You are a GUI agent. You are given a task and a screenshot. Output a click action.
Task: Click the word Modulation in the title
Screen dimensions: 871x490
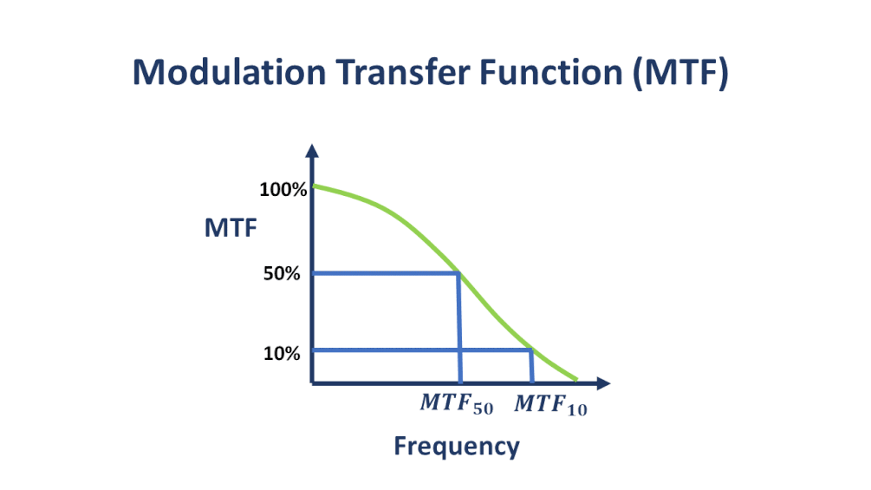[229, 72]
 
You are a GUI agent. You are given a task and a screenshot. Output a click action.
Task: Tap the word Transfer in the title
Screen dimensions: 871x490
[403, 72]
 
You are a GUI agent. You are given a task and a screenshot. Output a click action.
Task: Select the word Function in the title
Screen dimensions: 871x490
[551, 72]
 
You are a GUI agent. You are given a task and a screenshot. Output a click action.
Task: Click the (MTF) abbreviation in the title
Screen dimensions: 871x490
[681, 74]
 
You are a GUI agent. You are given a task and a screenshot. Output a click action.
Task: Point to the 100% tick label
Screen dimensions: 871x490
[283, 190]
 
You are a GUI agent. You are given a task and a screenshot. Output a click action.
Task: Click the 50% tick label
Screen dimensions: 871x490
[282, 273]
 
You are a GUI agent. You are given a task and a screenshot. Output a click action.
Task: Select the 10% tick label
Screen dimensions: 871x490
[282, 353]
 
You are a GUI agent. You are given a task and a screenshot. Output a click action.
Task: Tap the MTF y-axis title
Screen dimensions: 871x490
[231, 228]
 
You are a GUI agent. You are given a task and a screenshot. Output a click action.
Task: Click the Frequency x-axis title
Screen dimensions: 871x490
[457, 446]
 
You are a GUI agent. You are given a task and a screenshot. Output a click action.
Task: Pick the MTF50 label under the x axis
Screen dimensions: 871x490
[457, 404]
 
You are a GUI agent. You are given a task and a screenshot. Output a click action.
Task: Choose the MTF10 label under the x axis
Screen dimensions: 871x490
[550, 404]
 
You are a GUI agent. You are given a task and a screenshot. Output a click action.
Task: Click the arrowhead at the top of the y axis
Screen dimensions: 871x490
[312, 151]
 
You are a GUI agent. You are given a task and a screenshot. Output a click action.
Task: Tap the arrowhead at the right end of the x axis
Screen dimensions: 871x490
[604, 382]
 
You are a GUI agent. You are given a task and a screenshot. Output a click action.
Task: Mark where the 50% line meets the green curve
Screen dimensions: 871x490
[458, 273]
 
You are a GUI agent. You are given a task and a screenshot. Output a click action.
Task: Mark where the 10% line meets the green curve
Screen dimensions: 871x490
[531, 350]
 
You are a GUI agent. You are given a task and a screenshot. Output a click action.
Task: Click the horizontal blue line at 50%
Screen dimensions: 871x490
[386, 273]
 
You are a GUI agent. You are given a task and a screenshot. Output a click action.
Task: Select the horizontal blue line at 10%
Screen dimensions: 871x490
[422, 350]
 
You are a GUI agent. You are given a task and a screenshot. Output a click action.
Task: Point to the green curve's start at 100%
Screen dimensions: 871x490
[315, 186]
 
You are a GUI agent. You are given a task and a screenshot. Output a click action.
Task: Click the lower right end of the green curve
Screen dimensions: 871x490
[576, 380]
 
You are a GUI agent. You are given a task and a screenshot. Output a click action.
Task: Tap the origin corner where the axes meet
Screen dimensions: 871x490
[312, 382]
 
